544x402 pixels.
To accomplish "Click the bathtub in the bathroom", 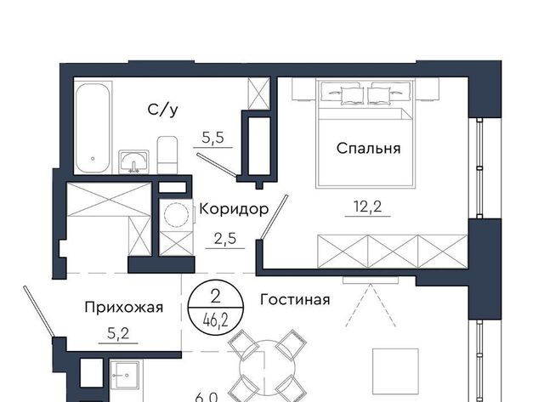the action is coord(93,127).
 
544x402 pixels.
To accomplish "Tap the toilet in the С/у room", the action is coord(167,155).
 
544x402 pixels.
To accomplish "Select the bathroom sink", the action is coord(133,161).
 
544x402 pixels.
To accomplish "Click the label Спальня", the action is coord(368,149).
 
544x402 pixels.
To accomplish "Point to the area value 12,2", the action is coord(368,207).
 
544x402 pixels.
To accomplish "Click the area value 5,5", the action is coord(213,138).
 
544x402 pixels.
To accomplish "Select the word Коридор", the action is coord(234,209).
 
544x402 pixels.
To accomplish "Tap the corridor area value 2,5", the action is coord(225,239).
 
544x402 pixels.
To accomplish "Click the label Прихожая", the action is coord(124,308).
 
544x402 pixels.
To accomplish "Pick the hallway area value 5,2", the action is coord(118,334).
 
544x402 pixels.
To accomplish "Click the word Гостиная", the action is coord(295,300).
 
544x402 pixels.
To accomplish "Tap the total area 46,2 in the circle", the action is coord(216,321).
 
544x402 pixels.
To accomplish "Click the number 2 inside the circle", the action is coord(215,297).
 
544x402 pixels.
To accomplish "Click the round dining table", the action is coord(268,368).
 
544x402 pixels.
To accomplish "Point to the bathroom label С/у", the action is coord(162,110).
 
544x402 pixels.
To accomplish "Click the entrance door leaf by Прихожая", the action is coord(39,311).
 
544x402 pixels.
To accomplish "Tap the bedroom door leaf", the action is coord(275,217).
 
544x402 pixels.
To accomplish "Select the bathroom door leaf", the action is coord(217,166).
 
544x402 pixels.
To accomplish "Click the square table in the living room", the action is coord(395,371).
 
